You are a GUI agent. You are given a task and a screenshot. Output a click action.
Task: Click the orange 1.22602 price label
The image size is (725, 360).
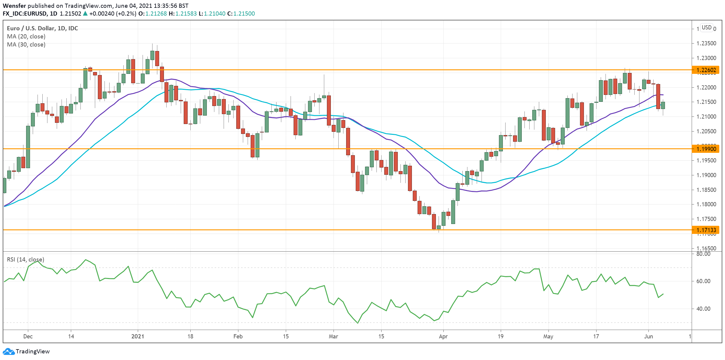[706, 70]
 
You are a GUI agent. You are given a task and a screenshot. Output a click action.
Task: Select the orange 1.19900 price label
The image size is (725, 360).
[706, 149]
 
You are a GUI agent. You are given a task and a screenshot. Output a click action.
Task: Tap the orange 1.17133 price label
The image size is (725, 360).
[706, 230]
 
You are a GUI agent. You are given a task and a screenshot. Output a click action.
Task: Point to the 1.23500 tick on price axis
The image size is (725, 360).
[706, 43]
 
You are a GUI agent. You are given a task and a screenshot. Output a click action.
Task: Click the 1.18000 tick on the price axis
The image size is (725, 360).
[706, 204]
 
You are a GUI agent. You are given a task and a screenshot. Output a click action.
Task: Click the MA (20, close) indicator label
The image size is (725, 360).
[26, 36]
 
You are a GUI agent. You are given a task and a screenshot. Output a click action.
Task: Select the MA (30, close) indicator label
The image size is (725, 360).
[26, 44]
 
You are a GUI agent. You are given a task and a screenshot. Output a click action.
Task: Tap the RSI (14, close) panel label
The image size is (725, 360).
[26, 259]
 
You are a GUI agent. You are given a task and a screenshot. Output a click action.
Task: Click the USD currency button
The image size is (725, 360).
[706, 28]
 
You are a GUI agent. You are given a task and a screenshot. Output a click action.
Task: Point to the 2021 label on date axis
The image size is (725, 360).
[137, 336]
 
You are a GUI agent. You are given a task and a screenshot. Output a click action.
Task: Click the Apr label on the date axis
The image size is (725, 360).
[443, 336]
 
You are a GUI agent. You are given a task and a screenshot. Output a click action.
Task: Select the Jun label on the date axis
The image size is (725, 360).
[648, 336]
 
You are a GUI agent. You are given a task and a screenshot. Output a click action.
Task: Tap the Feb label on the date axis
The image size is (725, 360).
[238, 336]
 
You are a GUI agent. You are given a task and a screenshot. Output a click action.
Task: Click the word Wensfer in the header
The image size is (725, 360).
[14, 6]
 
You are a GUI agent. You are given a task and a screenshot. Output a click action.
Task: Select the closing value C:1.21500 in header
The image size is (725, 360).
[241, 14]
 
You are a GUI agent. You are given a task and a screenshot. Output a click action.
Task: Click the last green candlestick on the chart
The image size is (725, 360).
[663, 105]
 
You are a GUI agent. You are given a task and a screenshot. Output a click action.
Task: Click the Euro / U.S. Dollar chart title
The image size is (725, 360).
[42, 28]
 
